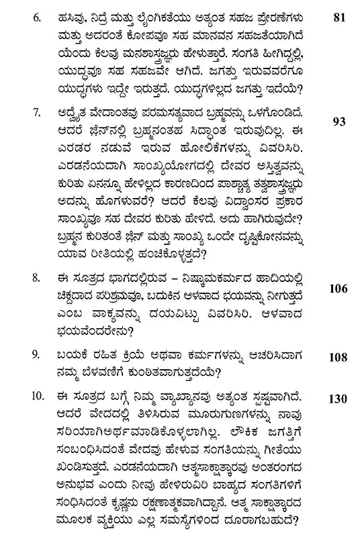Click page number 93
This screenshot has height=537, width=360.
click(339, 121)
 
